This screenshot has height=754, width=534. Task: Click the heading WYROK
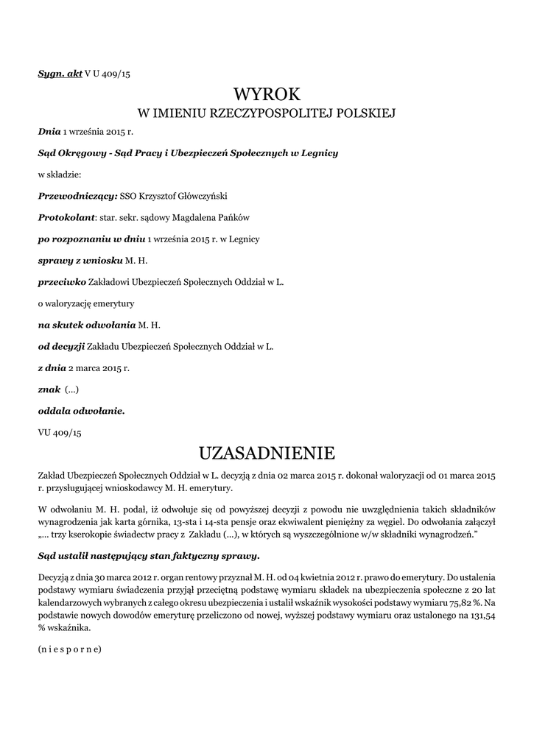click(267, 94)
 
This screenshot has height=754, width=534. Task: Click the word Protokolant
click(67, 218)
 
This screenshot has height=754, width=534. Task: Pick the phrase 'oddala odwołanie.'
click(81, 410)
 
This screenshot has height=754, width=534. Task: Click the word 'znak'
click(49, 389)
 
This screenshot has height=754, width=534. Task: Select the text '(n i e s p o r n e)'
click(69, 649)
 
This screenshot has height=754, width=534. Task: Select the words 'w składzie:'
click(60, 175)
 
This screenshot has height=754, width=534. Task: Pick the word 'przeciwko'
click(62, 281)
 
